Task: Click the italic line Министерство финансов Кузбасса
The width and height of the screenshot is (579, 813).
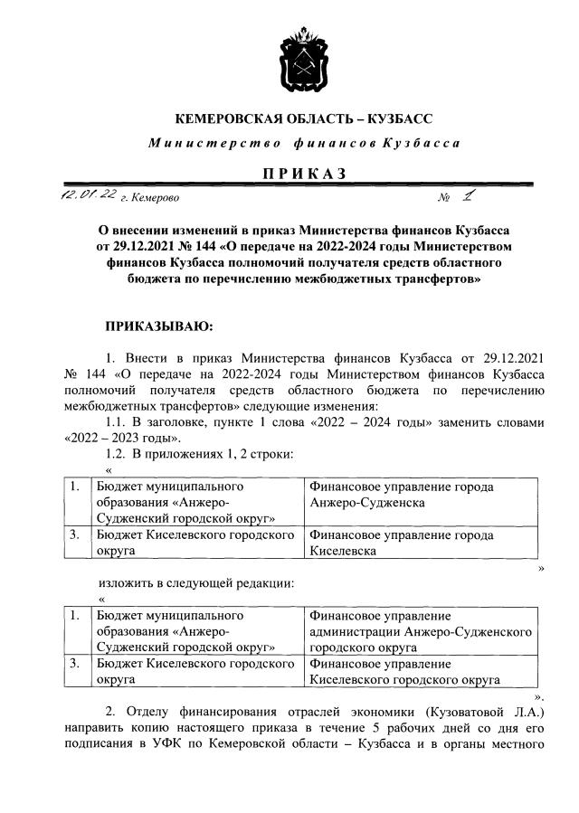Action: point(304,144)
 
